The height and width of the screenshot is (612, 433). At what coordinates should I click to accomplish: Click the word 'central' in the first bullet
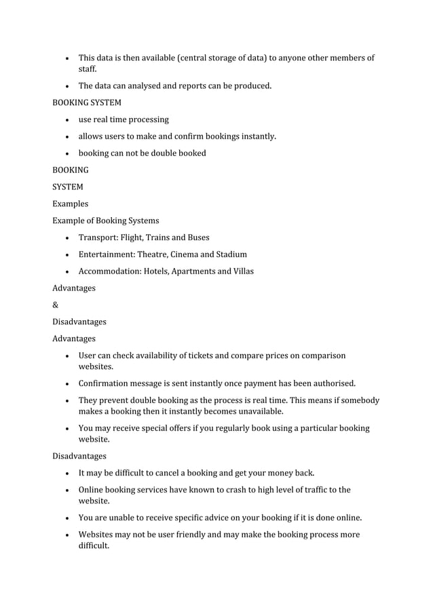pyautogui.click(x=194, y=58)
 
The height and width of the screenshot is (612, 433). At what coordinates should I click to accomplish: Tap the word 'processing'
pyautogui.click(x=146, y=119)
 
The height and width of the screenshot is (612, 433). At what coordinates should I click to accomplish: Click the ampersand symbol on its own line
pyautogui.click(x=56, y=305)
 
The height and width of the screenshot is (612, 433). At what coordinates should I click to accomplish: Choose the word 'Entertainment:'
pyautogui.click(x=107, y=254)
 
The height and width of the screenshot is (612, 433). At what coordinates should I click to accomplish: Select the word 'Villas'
pyautogui.click(x=241, y=271)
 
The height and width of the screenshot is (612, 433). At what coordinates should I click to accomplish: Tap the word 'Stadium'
pyautogui.click(x=231, y=254)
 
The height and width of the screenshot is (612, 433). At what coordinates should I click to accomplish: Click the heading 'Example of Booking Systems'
pyautogui.click(x=106, y=221)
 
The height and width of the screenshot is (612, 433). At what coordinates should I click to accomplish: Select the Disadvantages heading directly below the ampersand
pyautogui.click(x=79, y=322)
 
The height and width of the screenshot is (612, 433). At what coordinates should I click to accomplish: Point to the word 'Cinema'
pyautogui.click(x=183, y=254)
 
